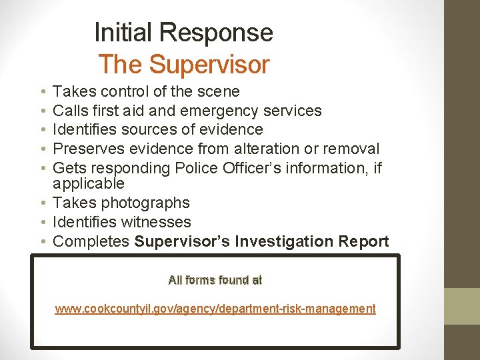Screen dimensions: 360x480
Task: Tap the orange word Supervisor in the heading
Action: click(209, 65)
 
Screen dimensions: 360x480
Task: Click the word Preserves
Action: click(87, 149)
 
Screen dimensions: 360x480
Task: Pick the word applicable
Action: click(89, 183)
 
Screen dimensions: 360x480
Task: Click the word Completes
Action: click(91, 241)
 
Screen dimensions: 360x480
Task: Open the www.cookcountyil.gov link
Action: click(215, 309)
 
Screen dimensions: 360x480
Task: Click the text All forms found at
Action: click(215, 281)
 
